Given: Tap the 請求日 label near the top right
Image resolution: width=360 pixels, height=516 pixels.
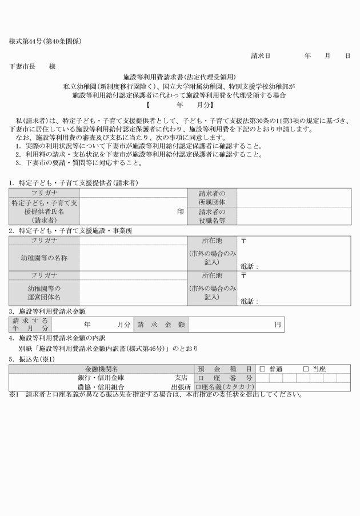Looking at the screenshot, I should click(x=261, y=55).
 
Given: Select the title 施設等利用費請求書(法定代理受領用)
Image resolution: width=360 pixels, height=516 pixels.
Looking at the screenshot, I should click(x=180, y=77).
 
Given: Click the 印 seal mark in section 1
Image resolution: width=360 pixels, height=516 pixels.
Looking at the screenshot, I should click(x=181, y=210).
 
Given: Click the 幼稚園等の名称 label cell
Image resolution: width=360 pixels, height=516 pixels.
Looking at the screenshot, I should click(x=44, y=258).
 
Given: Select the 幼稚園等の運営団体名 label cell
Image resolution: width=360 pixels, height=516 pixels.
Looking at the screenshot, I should click(x=44, y=293).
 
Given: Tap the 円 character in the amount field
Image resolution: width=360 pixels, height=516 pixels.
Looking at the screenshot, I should click(x=277, y=324).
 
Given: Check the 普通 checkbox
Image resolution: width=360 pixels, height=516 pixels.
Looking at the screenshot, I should click(x=263, y=369).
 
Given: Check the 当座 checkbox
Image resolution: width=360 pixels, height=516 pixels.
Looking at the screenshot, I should click(x=305, y=369).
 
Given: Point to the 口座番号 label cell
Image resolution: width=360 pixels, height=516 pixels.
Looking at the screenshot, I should click(x=225, y=378).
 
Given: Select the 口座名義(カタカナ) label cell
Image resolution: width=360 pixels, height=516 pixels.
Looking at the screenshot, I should click(x=225, y=387).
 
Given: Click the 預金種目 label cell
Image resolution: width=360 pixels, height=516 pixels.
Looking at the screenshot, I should click(x=225, y=369).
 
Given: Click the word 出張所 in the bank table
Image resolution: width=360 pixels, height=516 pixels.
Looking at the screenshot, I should click(x=181, y=387).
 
